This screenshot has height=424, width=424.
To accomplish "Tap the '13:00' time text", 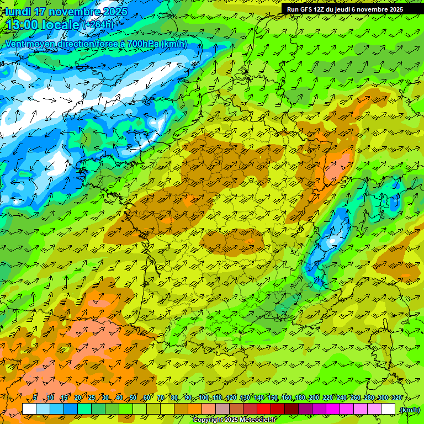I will click(22, 25).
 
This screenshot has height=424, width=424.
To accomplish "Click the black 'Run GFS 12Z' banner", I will click(344, 9).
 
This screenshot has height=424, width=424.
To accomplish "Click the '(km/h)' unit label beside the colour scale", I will click(410, 409).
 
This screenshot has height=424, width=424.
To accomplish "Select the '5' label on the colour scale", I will click(35, 398).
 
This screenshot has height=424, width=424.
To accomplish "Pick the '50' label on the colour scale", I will click(133, 398).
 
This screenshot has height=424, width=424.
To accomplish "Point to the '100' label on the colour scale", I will click(203, 398).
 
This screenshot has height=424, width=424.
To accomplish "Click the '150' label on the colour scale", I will click(273, 398).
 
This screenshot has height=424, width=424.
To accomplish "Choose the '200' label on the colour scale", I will click(314, 398).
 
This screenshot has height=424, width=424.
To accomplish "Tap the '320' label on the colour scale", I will click(396, 398).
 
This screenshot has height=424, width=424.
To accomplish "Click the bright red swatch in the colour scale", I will click(264, 409).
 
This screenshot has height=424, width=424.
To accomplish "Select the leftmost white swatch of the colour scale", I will click(29, 409).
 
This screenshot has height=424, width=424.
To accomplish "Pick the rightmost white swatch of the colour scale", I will click(388, 409).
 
